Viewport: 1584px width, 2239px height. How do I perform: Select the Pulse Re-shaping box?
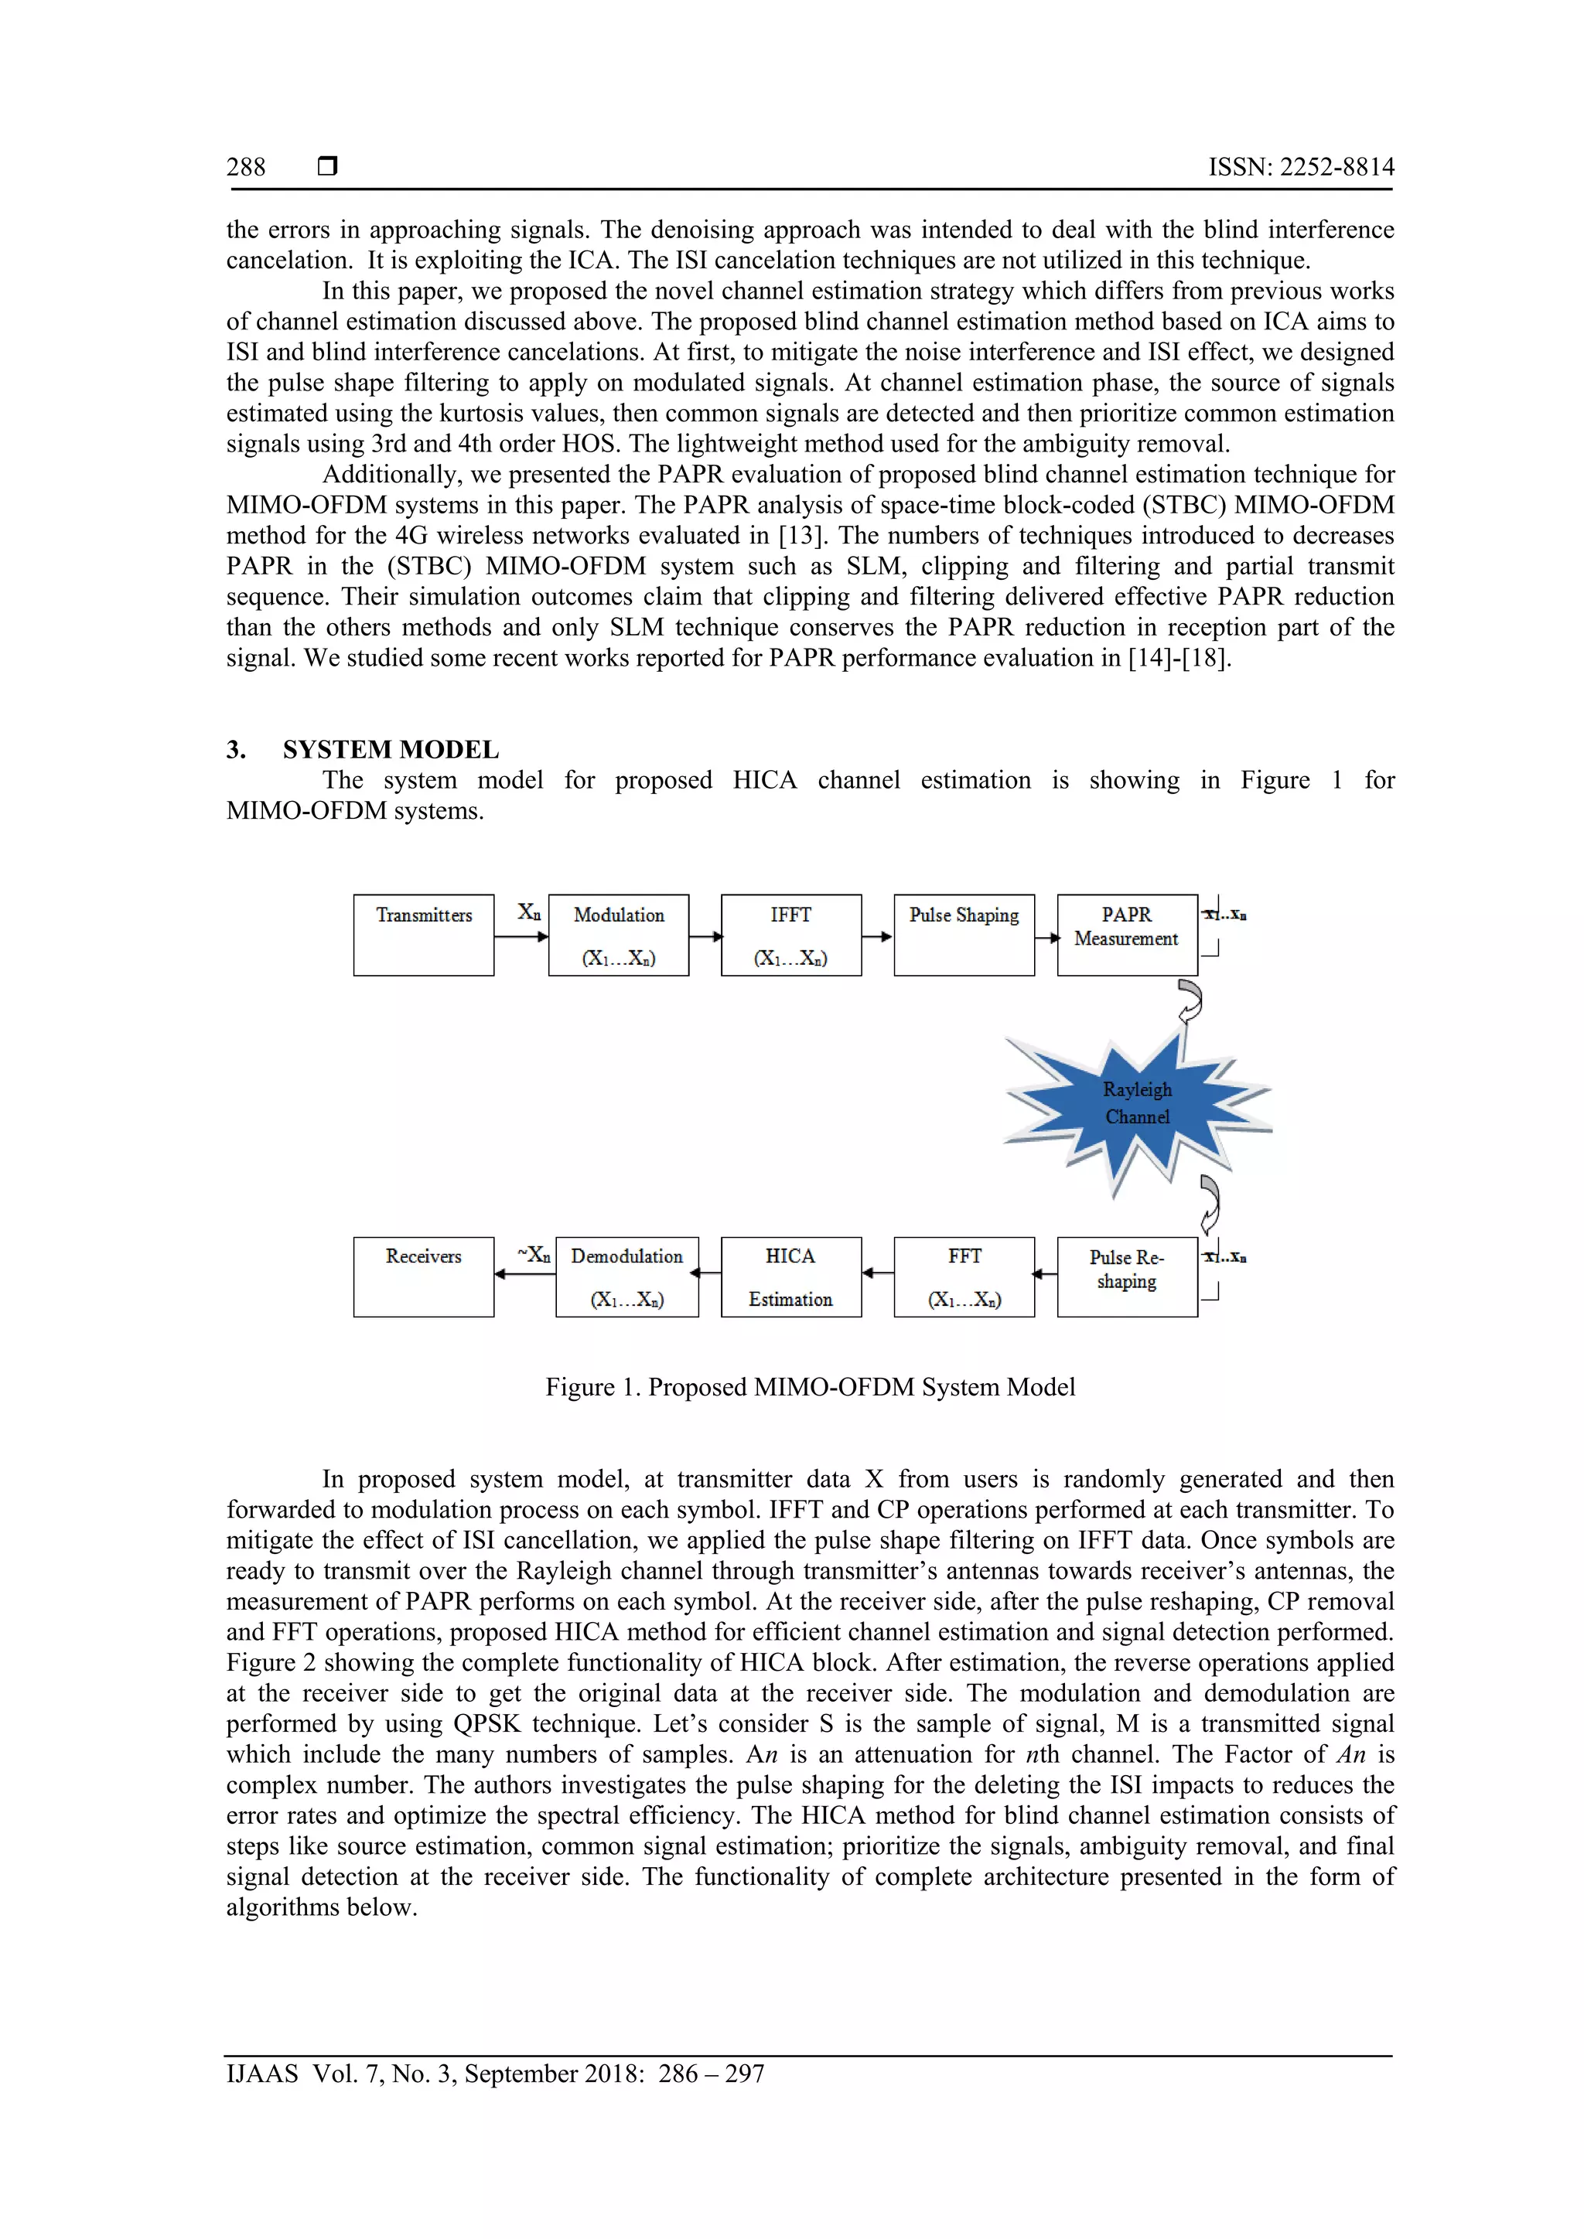click(x=1127, y=1276)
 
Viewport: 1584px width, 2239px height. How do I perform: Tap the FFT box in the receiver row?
click(x=964, y=1276)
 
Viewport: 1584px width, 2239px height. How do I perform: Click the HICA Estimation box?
click(x=791, y=1276)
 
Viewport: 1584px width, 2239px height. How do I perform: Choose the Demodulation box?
click(x=626, y=1276)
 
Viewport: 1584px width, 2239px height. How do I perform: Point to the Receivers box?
click(x=423, y=1276)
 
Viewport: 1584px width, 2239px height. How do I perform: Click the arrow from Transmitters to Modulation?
click(x=521, y=937)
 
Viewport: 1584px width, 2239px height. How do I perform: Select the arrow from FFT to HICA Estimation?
click(x=878, y=1273)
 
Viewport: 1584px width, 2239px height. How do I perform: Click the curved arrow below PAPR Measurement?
click(x=1190, y=1001)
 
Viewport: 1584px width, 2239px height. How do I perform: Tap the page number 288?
click(x=246, y=167)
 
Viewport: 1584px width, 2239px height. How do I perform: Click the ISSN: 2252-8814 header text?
click(x=1301, y=167)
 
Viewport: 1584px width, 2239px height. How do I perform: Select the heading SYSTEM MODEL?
click(x=390, y=749)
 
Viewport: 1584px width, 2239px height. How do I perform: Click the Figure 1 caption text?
click(x=810, y=1387)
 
